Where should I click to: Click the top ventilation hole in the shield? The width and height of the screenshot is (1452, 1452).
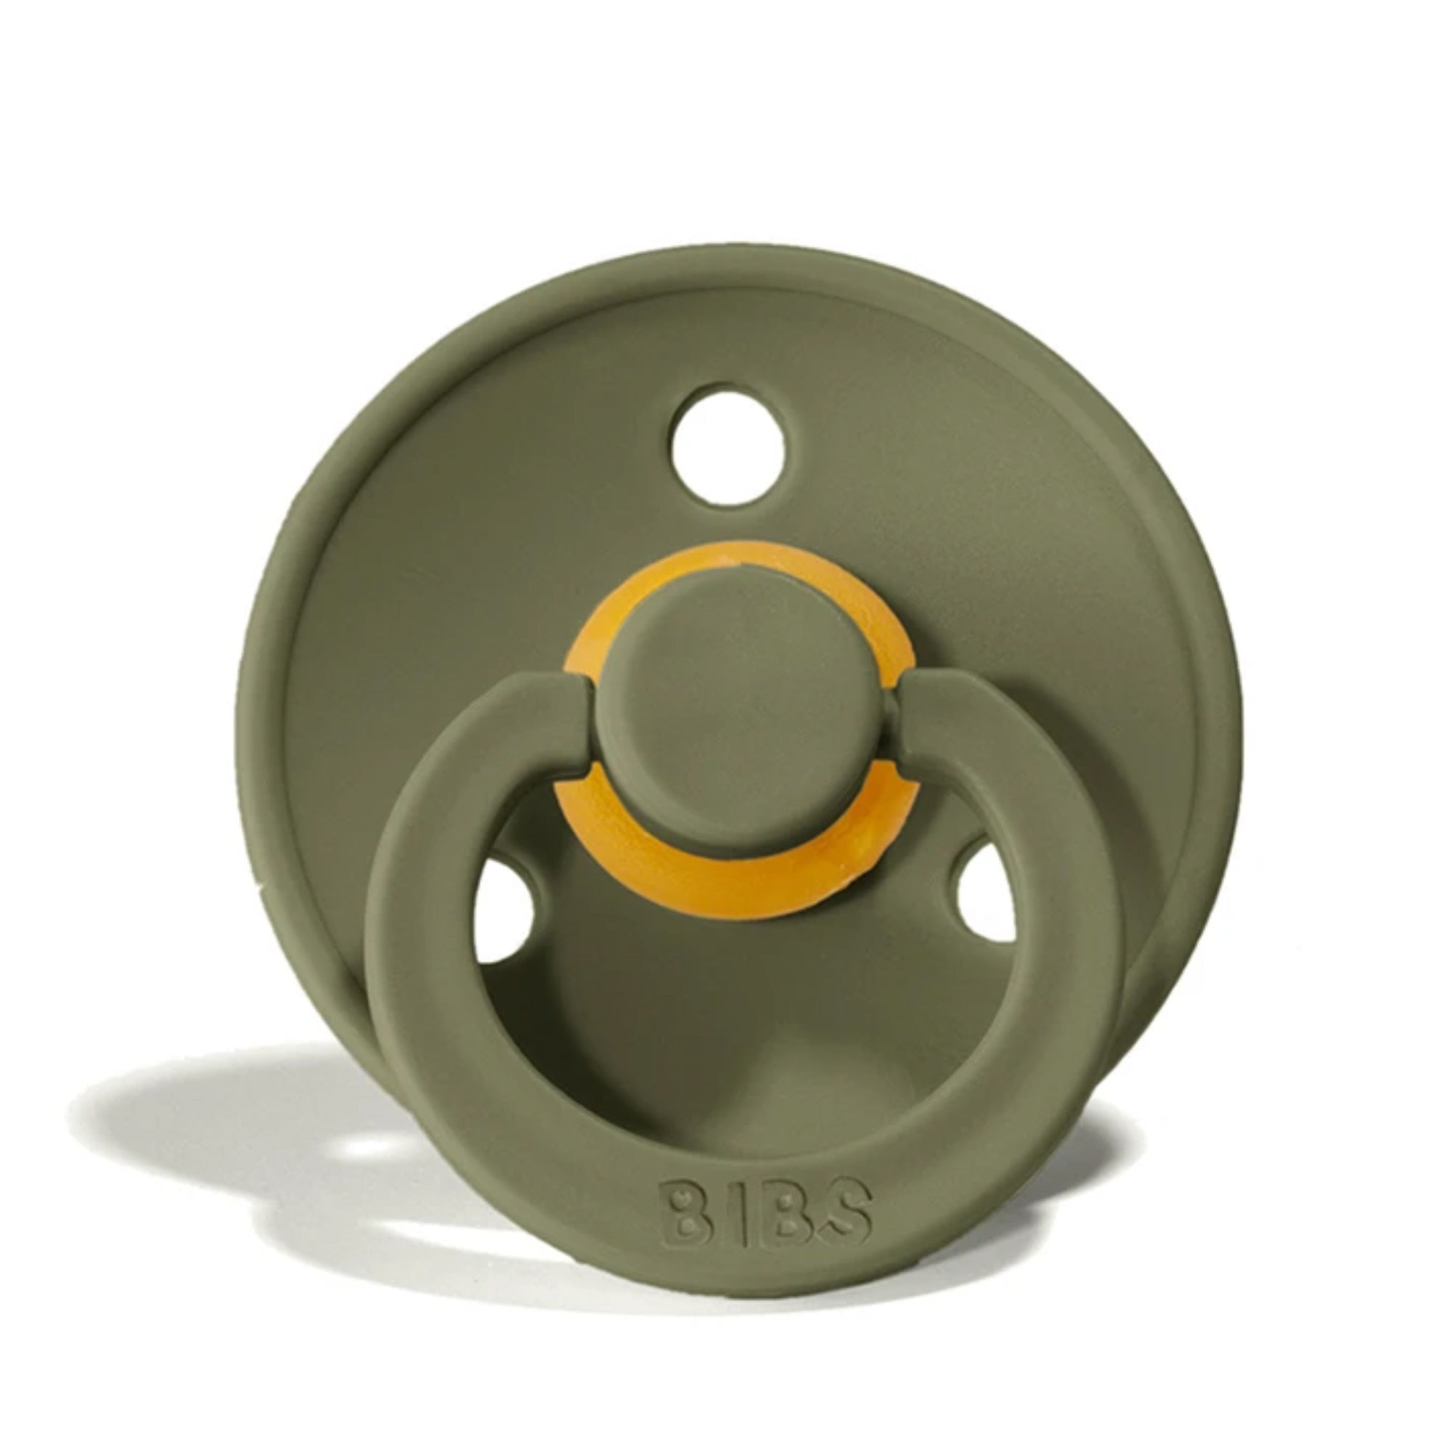pyautogui.click(x=727, y=444)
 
